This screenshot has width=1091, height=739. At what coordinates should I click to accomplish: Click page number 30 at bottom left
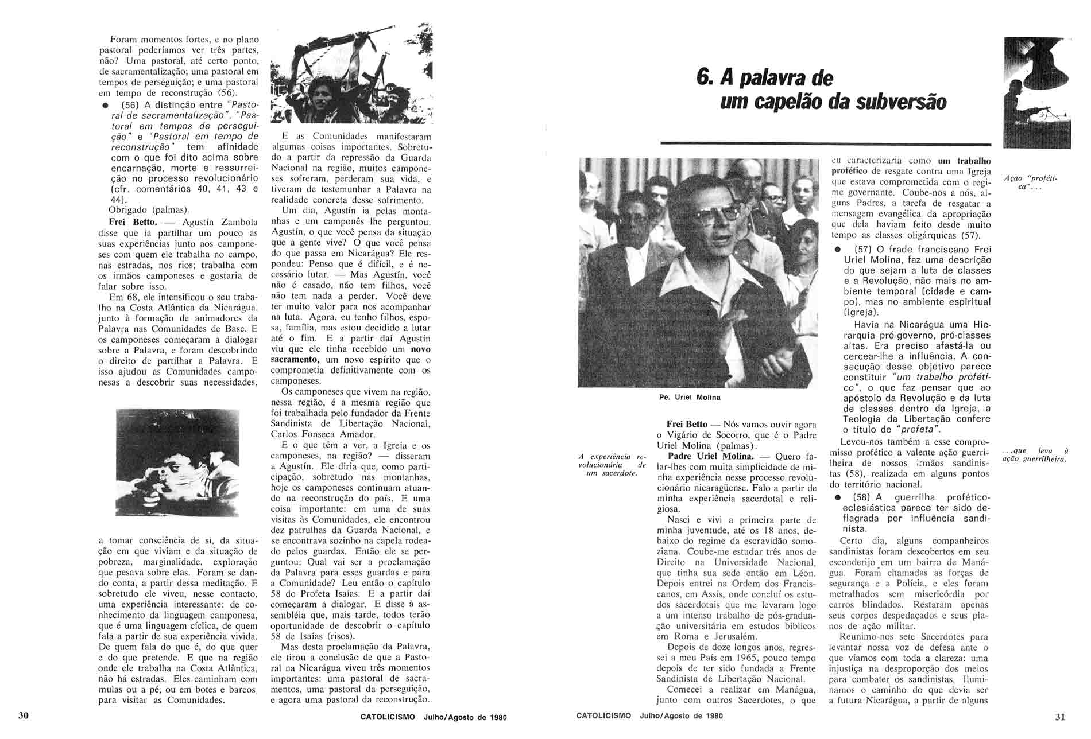click(24, 715)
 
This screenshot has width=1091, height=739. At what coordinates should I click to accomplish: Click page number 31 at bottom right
click(1060, 716)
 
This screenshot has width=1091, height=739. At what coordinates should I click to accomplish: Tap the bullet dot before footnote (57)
click(838, 250)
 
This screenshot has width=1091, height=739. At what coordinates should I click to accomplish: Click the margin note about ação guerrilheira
click(1034, 455)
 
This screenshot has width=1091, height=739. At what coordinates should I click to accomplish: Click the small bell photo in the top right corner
click(1037, 92)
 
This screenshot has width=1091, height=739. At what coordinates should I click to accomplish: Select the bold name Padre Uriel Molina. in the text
click(707, 457)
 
